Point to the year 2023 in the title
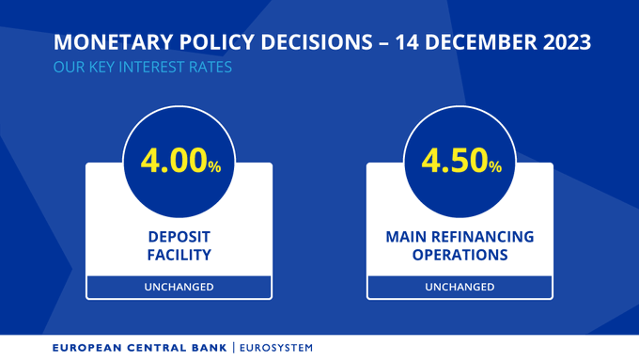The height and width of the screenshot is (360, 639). tap(563, 43)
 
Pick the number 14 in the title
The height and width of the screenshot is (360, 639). tap(409, 43)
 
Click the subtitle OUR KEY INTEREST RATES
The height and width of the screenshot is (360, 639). tap(143, 68)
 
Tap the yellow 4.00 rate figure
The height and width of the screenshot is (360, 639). tap(174, 161)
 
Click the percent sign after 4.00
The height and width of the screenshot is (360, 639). tap(214, 165)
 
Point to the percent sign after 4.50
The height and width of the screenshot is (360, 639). tap(495, 165)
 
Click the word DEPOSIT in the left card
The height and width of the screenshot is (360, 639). tap(179, 236)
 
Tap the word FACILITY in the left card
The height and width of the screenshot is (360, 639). tap(179, 254)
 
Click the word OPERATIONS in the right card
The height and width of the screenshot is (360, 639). tap(460, 254)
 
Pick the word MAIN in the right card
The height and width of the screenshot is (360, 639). tap(406, 236)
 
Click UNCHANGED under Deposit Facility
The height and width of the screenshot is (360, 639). tap(179, 287)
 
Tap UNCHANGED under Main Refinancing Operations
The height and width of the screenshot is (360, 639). tap(460, 287)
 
